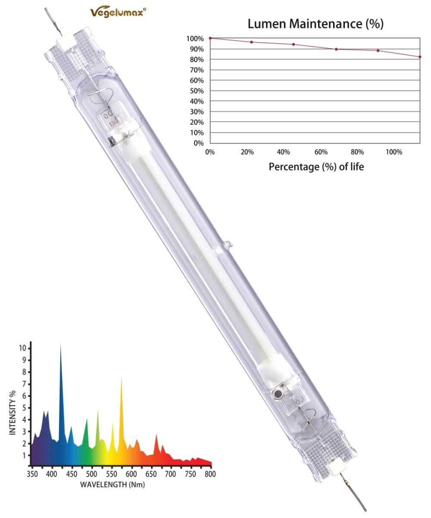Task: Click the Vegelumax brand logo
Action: click(x=118, y=12)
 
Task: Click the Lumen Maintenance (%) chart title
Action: click(x=315, y=24)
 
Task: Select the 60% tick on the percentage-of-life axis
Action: click(x=321, y=152)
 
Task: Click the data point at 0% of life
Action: click(x=210, y=38)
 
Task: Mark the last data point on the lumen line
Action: click(x=420, y=57)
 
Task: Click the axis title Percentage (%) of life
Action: click(x=316, y=166)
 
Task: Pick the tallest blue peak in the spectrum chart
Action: click(x=60, y=345)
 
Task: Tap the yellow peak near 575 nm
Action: click(x=121, y=378)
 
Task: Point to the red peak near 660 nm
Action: click(x=156, y=435)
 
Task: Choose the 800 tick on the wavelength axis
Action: click(x=210, y=474)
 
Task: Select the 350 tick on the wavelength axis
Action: click(x=31, y=474)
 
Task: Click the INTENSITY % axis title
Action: click(x=13, y=418)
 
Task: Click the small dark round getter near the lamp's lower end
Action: click(x=278, y=394)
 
